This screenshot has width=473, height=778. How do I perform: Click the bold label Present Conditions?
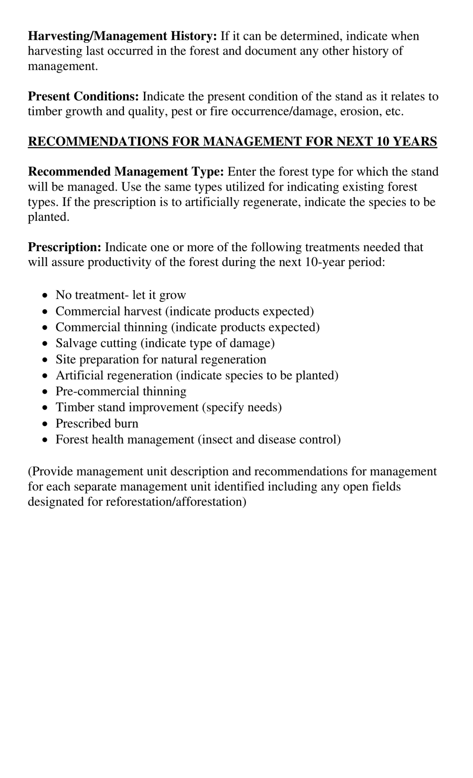click(83, 96)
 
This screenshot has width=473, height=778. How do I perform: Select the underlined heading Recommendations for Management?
click(232, 141)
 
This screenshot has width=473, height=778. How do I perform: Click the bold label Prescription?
click(65, 247)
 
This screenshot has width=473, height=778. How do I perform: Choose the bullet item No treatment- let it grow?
click(120, 295)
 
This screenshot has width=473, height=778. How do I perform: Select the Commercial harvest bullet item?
click(184, 311)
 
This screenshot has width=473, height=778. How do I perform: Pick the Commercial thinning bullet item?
click(187, 327)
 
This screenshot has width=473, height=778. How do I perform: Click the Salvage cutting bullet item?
click(165, 343)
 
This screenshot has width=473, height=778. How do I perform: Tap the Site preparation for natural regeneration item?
click(161, 359)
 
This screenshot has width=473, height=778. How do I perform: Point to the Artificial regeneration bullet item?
click(197, 375)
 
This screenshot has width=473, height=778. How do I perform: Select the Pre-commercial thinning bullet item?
click(121, 391)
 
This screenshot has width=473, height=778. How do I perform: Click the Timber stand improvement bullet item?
click(168, 407)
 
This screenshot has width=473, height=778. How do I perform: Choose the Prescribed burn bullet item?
click(97, 423)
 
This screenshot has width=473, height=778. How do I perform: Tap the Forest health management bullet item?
click(198, 439)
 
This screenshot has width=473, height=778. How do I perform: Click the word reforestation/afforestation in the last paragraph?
click(176, 501)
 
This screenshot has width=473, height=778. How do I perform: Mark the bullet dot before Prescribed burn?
click(46, 424)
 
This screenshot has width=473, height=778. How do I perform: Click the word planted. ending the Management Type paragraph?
click(48, 217)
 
